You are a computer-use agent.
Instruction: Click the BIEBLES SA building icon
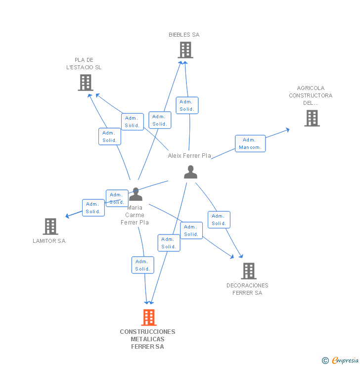pos(185,50)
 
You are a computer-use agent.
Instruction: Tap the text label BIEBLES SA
pos(184,35)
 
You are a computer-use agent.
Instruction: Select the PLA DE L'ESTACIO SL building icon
pos(86,83)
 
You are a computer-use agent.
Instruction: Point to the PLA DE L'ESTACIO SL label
pos(84,64)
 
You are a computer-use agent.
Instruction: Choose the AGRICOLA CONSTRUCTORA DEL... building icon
pos(312,118)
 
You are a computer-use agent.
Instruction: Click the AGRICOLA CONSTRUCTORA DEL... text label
pos(311,95)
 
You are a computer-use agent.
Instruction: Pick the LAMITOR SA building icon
pos(50,227)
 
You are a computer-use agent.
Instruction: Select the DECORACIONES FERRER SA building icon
pos(248,271)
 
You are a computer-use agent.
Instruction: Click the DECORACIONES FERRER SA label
pos(247,289)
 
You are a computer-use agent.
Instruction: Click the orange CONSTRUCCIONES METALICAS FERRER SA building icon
pos(148,318)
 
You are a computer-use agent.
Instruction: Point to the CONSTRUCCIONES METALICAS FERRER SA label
pos(147,339)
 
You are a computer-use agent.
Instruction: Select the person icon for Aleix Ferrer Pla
pos(190,172)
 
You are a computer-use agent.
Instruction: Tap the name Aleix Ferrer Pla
pos(189,156)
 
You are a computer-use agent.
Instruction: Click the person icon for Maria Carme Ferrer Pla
pos(135,194)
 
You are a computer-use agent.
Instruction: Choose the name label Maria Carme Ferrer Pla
pos(135,215)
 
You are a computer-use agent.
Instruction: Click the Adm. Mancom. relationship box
pos(250,143)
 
